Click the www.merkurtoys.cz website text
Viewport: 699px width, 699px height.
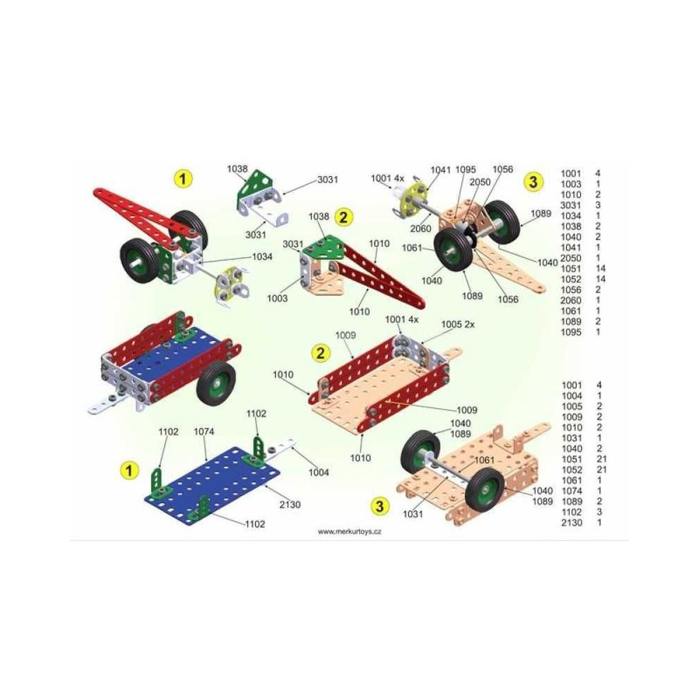[349, 531]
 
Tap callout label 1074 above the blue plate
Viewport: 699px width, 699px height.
[203, 431]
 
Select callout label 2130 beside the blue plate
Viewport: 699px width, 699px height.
[290, 505]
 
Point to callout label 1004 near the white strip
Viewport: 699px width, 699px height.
[319, 473]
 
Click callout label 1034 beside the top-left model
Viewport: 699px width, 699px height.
[262, 257]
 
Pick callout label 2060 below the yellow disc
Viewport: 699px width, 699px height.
[421, 229]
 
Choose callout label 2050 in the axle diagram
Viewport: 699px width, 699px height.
[480, 182]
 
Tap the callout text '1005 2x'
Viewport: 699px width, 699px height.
[458, 324]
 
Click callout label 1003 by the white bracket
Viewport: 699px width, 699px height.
[278, 298]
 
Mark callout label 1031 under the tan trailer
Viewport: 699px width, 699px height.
[413, 514]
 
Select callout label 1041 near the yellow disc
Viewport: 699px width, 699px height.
[440, 170]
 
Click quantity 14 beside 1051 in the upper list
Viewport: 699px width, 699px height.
[600, 268]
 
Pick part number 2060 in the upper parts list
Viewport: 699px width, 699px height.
[571, 301]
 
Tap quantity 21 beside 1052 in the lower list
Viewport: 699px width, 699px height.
[601, 470]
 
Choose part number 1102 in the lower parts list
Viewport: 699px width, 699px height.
[572, 512]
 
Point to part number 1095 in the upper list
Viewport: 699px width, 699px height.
[571, 332]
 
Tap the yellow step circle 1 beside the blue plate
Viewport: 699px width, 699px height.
[129, 470]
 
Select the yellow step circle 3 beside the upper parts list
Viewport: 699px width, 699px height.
[533, 182]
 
